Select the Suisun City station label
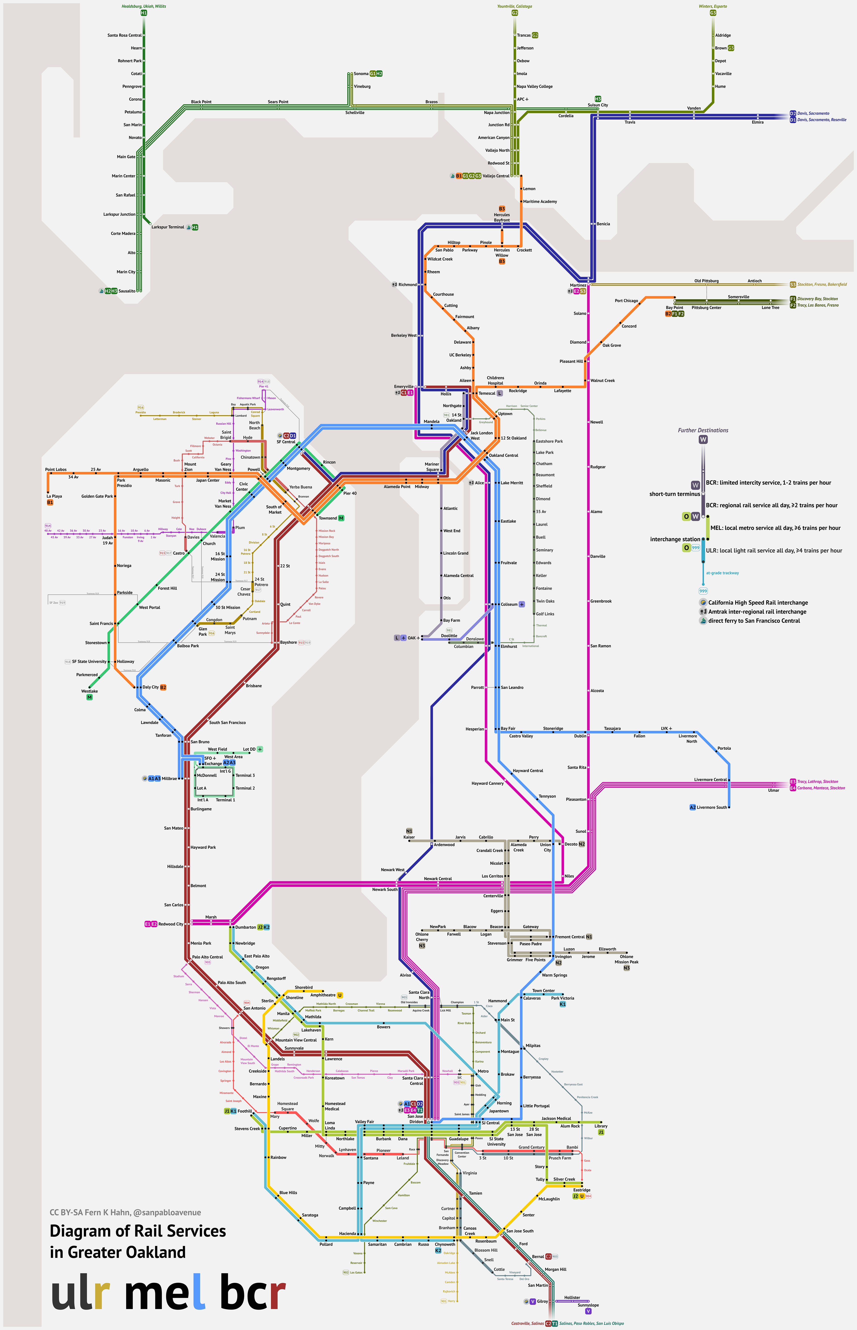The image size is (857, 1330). [598, 105]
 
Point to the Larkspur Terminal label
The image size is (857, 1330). [168, 227]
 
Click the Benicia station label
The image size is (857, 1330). [603, 224]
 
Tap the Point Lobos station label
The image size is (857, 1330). [56, 469]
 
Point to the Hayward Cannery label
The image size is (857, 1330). [487, 783]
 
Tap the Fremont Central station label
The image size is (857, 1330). [570, 937]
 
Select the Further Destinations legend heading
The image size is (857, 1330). [703, 430]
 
